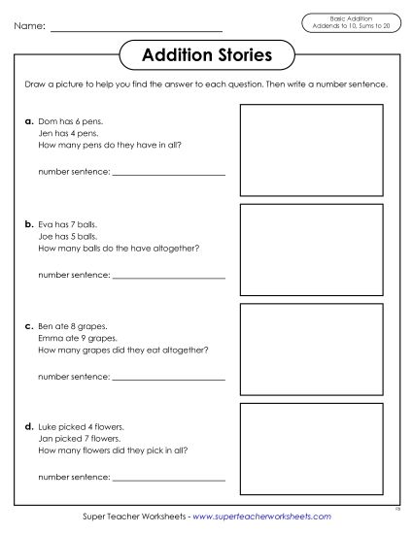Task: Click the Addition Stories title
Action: [x=206, y=54]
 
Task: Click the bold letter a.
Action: [x=29, y=121]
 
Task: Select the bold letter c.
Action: [x=29, y=325]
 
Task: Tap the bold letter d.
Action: [x=29, y=426]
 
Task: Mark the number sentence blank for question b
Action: [x=169, y=275]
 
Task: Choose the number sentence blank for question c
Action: [x=169, y=377]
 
